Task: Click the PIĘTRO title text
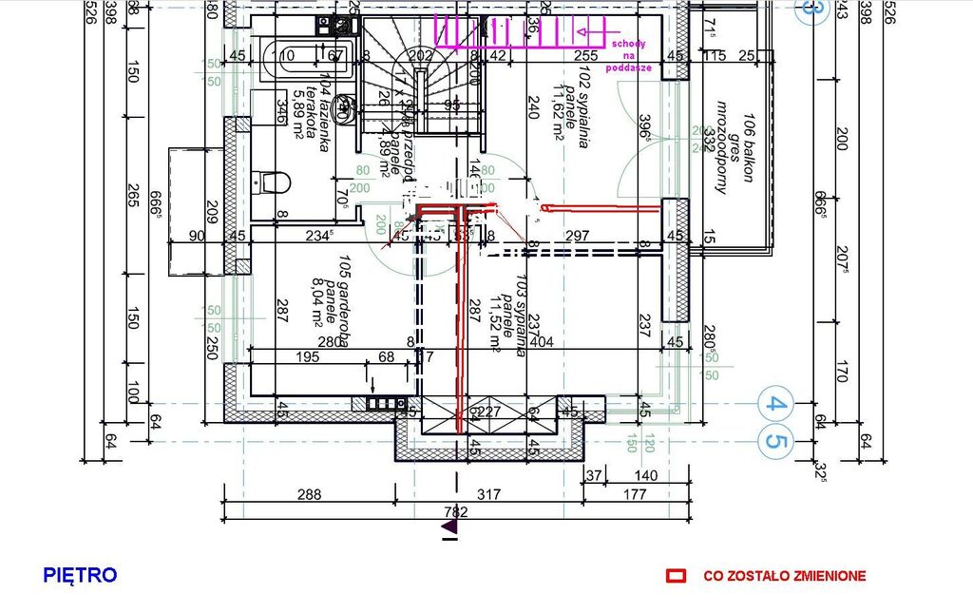pos(80,575)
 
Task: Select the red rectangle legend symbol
pos(676,576)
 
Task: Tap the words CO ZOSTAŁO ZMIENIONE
pos(784,576)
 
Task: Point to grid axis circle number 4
pos(776,405)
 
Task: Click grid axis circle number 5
pos(776,441)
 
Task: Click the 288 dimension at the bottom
pos(309,494)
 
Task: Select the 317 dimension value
pos(488,494)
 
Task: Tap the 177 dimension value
pos(634,494)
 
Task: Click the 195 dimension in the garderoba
pos(308,356)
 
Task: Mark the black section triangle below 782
pos(451,525)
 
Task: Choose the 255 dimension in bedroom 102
pos(586,56)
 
